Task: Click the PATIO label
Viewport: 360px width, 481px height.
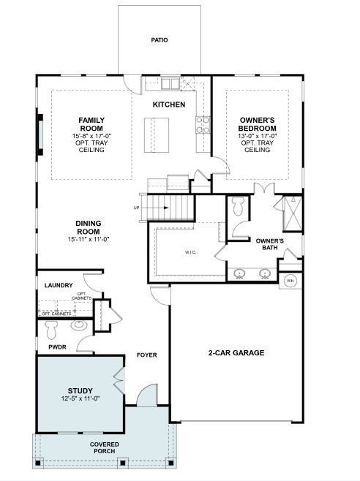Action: [x=159, y=39]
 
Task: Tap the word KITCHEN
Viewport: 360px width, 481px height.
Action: [x=168, y=105]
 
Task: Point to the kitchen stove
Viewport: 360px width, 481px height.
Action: [x=202, y=125]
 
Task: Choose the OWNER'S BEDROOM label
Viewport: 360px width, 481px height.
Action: [x=257, y=124]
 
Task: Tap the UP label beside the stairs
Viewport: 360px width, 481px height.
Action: [x=136, y=208]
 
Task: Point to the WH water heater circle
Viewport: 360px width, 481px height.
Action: [x=290, y=281]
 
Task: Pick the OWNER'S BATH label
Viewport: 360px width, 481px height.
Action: [x=269, y=244]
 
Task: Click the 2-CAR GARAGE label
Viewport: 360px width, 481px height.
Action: [x=236, y=352]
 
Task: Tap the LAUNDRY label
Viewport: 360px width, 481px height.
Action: [x=58, y=285]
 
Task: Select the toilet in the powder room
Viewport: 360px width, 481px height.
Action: [x=53, y=327]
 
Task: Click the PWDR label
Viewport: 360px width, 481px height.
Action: [x=57, y=347]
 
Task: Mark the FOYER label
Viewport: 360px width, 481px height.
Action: [x=146, y=355]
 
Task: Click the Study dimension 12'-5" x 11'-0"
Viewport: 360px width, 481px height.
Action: [x=80, y=398]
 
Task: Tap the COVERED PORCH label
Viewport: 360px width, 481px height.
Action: [x=104, y=448]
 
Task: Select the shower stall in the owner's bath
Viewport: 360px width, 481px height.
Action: [x=291, y=213]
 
